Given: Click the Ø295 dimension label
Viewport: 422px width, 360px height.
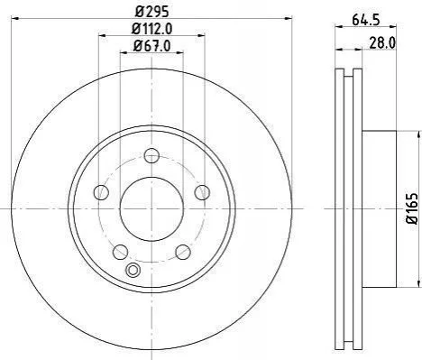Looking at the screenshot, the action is tap(151, 12).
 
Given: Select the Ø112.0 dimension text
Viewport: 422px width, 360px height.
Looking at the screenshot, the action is tap(151, 29).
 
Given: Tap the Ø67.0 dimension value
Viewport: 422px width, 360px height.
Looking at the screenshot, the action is tap(151, 46).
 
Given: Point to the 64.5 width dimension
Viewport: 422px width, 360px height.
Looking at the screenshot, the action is tap(366, 20).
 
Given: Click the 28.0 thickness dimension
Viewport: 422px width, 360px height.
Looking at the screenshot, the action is tap(382, 43).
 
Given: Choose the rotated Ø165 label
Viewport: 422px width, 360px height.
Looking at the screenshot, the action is tap(413, 208).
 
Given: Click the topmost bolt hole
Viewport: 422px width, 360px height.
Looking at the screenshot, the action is tap(151, 155).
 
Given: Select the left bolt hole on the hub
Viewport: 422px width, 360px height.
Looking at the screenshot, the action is tap(101, 192).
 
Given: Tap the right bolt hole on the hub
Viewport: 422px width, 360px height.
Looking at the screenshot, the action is tap(202, 192).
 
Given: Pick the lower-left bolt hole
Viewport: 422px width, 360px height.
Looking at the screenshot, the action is tap(120, 252).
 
